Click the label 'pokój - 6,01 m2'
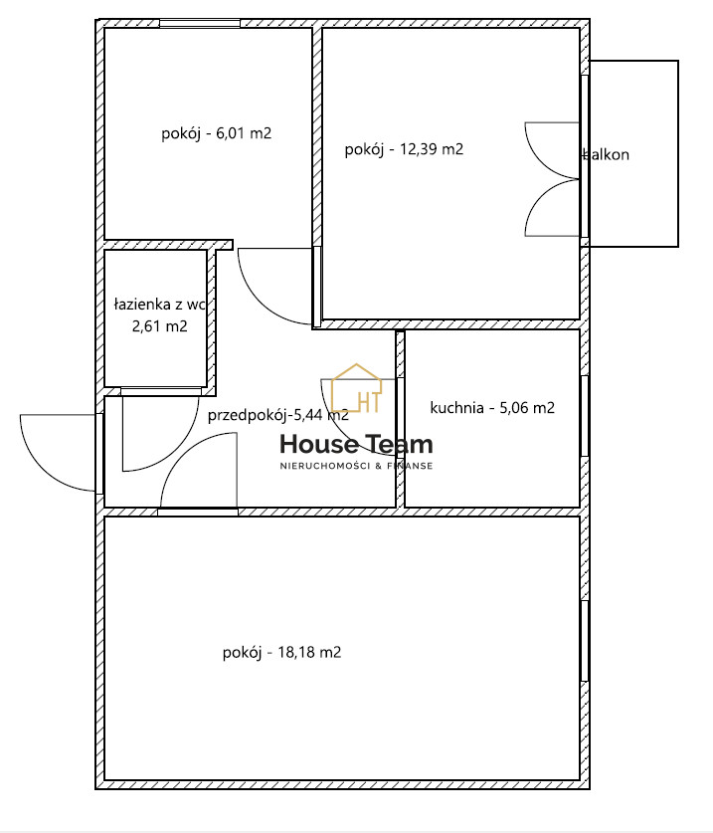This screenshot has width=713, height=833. (x=216, y=132)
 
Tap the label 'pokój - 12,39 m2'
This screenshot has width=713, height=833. (x=404, y=149)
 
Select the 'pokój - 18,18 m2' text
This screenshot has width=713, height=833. (x=281, y=652)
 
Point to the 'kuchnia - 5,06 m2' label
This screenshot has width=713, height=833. (x=492, y=407)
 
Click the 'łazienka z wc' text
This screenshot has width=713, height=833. (x=159, y=305)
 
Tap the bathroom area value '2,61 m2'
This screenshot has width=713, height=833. (x=160, y=325)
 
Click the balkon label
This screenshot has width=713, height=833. (x=607, y=154)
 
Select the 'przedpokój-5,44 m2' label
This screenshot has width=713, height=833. (x=278, y=415)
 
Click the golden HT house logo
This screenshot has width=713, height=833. (x=357, y=388)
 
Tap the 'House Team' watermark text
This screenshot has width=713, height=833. (x=356, y=444)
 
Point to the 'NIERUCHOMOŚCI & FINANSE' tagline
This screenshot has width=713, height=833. (x=356, y=466)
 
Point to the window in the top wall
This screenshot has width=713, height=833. (x=200, y=23)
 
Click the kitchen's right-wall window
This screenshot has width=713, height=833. (x=585, y=416)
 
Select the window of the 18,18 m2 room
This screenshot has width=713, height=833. (x=585, y=641)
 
